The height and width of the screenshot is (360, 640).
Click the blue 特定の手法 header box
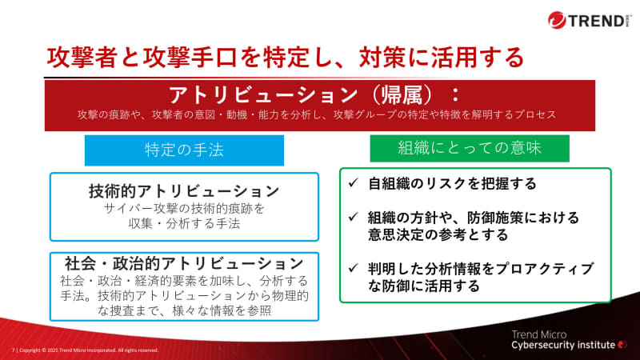(184, 150)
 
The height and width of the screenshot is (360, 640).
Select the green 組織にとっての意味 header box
(470, 148)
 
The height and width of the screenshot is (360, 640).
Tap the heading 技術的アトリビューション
(184, 192)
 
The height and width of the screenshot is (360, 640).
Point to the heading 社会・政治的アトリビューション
(184, 262)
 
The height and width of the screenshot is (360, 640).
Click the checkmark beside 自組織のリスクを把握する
(353, 184)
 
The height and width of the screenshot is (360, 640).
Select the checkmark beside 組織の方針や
(353, 218)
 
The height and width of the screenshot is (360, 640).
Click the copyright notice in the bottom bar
(88, 350)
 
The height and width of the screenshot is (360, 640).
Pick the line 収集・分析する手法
(184, 224)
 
